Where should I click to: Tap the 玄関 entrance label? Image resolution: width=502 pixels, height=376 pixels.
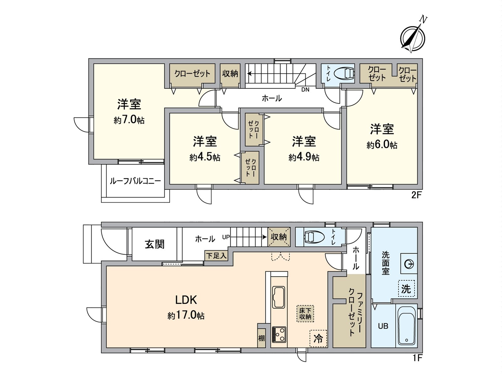pyautogui.click(x=155, y=244)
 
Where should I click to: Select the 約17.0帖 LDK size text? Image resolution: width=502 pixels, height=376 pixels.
pyautogui.click(x=186, y=316)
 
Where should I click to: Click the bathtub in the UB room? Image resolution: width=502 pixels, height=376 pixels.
pyautogui.click(x=406, y=326)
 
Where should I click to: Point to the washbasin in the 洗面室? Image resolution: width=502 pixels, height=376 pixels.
pyautogui.click(x=409, y=264)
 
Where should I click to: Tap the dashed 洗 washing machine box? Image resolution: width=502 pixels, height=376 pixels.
pyautogui.click(x=406, y=289)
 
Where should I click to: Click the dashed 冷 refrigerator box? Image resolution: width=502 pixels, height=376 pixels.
pyautogui.click(x=318, y=339)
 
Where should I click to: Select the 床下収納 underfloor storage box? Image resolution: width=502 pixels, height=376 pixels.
pyautogui.click(x=305, y=314)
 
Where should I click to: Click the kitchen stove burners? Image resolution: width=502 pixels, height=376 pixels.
pyautogui.click(x=279, y=334)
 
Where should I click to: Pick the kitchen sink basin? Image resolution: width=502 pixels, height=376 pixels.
pyautogui.click(x=279, y=297)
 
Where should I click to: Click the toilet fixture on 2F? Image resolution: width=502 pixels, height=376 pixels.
pyautogui.click(x=344, y=74)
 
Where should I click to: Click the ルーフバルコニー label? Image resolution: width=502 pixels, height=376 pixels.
pyautogui.click(x=136, y=181)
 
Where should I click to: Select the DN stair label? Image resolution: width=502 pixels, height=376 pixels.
pyautogui.click(x=305, y=90)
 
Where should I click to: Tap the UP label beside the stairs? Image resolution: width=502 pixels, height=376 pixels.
pyautogui.click(x=226, y=237)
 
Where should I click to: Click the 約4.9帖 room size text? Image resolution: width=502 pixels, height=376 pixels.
pyautogui.click(x=304, y=157)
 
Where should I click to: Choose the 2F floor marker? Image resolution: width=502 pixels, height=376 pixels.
pyautogui.click(x=416, y=196)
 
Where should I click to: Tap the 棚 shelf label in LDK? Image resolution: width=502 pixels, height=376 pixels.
pyautogui.click(x=261, y=338)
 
